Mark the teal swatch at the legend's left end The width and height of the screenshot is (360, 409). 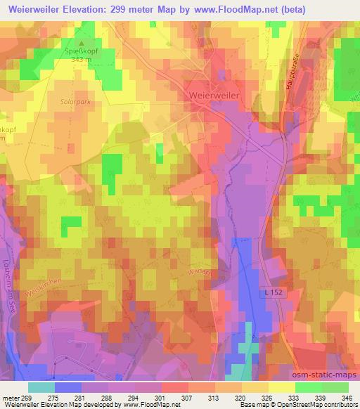click(x=41, y=387)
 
